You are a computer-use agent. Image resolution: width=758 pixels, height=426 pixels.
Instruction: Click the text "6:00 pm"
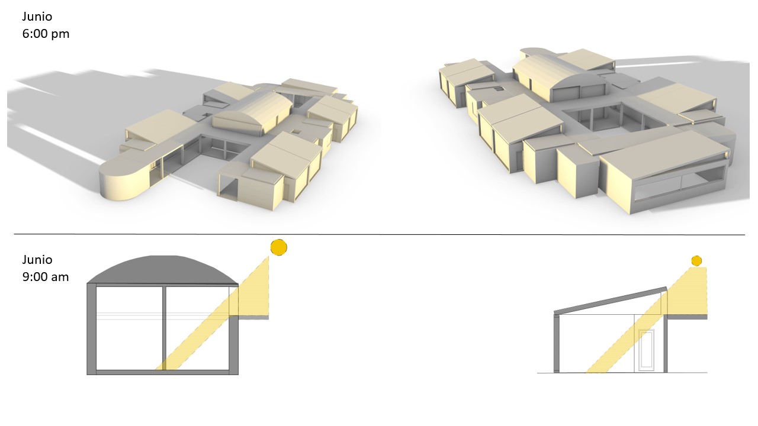point(46,34)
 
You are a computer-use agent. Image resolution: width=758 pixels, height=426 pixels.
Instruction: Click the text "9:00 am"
point(46,277)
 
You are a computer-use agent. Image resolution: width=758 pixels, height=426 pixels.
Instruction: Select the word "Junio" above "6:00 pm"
point(37,17)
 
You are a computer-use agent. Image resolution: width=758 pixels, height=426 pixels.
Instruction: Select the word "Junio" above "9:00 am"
point(37,260)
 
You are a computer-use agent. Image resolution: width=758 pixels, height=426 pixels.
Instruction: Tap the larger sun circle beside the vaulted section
point(279,247)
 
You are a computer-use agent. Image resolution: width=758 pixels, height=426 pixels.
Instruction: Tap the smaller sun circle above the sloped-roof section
point(696,261)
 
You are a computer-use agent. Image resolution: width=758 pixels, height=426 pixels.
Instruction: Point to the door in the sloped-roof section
point(646,350)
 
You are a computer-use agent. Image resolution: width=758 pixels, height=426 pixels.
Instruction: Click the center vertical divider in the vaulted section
point(164,328)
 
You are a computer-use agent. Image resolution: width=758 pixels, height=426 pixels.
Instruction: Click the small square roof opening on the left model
point(296,131)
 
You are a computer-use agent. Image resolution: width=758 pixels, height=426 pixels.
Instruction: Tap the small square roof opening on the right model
point(499,89)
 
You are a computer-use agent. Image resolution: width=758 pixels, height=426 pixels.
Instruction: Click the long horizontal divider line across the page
point(380,234)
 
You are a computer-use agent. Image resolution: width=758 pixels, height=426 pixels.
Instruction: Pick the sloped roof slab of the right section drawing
point(611,300)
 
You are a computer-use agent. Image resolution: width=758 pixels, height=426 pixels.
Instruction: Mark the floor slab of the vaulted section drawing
point(162,373)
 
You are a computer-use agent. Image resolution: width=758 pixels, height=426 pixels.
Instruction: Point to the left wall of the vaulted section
point(91,329)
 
